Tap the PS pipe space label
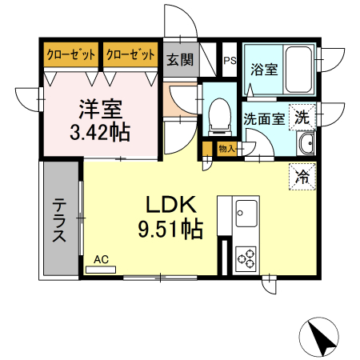pos(230,60)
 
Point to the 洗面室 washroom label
pos(263,118)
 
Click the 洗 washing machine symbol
pos(302,117)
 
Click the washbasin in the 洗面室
pos(305,145)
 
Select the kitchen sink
pos(246,213)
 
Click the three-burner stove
pos(246,258)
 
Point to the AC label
pos(101,259)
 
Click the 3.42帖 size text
pos(101,131)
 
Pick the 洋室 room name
pos(100,107)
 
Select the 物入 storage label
pos(226,148)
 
